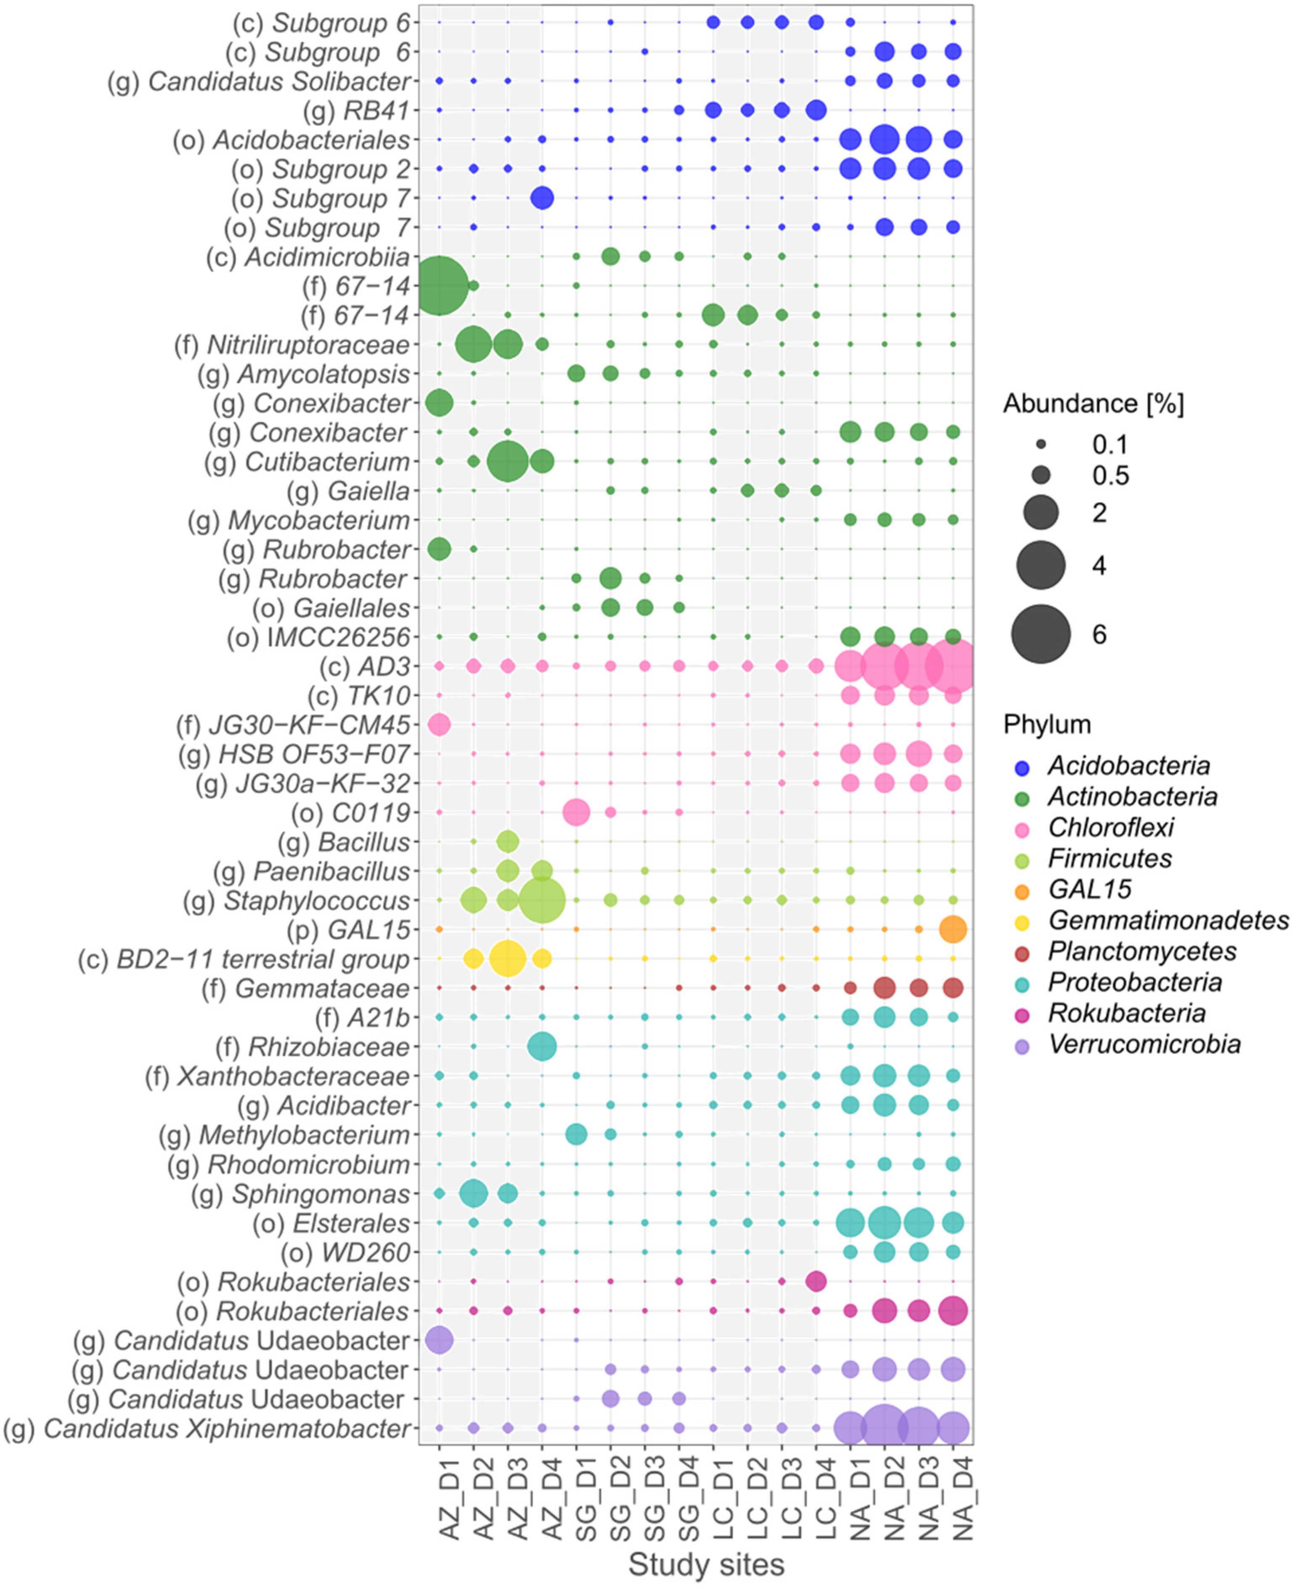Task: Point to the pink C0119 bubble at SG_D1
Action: [576, 812]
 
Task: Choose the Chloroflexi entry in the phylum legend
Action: [1110, 827]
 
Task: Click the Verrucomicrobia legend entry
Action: [1144, 1045]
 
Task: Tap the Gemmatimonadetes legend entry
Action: [1168, 920]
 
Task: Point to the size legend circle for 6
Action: [1040, 634]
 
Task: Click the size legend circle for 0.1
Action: [1040, 445]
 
